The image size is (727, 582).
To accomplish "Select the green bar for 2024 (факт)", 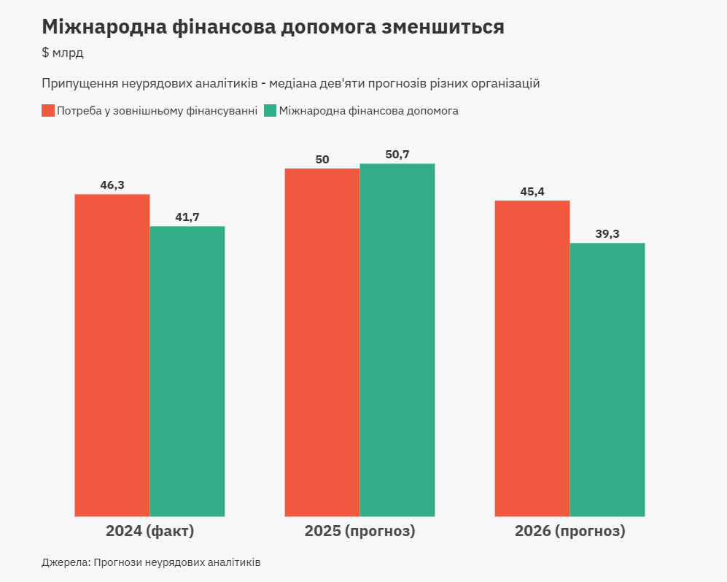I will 187,371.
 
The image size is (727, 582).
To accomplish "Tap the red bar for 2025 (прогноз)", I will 322,342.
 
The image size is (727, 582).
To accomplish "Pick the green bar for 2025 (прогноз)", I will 397,340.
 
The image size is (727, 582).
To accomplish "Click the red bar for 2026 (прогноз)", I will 532,358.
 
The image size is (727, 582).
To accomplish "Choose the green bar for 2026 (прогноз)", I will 607,379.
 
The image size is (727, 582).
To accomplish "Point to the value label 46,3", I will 112,185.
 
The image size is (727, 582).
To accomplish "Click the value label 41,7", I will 187,217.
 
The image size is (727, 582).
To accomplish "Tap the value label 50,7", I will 397,155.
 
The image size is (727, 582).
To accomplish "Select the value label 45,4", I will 532,192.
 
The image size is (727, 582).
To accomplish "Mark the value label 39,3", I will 607,234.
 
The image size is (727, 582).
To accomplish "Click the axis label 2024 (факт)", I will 150,531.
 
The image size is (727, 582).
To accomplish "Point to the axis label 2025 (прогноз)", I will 359,531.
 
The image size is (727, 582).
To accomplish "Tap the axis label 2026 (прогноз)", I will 570,531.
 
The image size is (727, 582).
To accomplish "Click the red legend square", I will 48,111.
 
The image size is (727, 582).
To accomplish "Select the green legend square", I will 270,111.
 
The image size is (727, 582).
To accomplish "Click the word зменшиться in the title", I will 444,27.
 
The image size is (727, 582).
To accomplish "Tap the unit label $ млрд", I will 63,53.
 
